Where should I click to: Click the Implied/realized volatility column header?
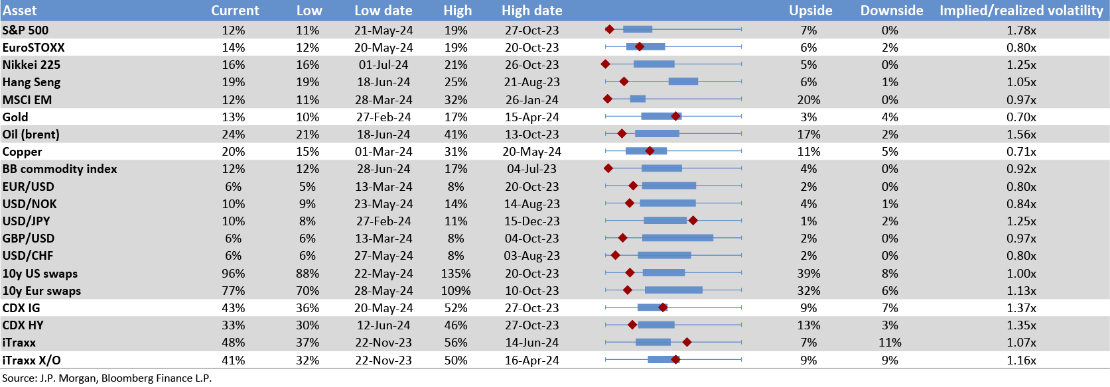point(1021,11)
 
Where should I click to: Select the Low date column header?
point(383,11)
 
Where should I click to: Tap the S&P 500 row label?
point(25,30)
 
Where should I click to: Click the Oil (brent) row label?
point(31,135)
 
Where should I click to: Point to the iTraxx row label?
point(19,343)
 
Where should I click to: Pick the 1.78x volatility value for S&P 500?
point(1021,30)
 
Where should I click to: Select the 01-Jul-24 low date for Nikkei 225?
point(383,65)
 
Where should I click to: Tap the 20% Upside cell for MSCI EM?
point(808,100)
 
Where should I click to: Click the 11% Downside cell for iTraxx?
point(890,343)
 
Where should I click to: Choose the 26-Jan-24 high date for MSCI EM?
point(531,100)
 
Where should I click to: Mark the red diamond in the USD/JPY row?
point(693,221)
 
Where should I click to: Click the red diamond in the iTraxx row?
point(687,342)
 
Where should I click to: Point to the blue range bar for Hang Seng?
point(683,82)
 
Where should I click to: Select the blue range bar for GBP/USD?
point(677,238)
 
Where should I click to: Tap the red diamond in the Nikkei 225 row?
point(605,64)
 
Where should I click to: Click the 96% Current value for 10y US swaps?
point(233,274)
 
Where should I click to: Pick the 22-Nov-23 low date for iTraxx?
point(383,343)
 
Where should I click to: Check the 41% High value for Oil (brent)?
point(456,135)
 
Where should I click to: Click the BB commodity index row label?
point(60,169)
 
